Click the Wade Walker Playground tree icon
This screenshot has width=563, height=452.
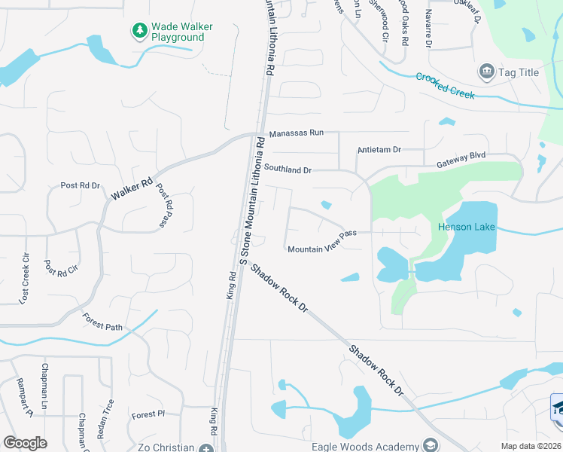point(139,31)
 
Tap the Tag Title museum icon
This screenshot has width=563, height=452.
point(486,72)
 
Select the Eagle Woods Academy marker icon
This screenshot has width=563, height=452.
point(430,445)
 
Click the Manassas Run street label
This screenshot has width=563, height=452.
point(296,133)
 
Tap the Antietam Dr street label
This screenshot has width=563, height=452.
point(379,150)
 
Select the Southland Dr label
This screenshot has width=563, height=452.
point(287,169)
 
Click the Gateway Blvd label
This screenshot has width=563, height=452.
point(462,160)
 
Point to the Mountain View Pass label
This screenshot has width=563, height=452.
point(321,242)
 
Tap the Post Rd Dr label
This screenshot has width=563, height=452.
point(80,185)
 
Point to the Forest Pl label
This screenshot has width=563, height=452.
point(148,414)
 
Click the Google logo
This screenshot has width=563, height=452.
point(25,443)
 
